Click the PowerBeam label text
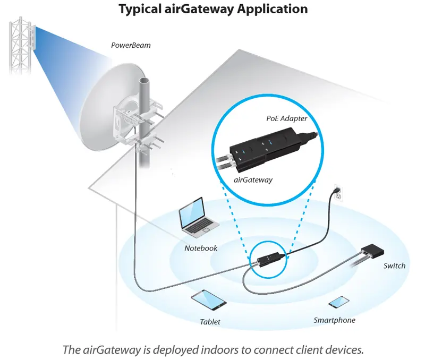(x=131, y=46)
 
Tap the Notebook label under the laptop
(x=201, y=248)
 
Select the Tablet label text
(x=210, y=322)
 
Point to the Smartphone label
(x=334, y=320)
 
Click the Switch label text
(x=394, y=265)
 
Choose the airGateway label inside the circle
(x=253, y=180)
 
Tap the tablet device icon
(x=209, y=300)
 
